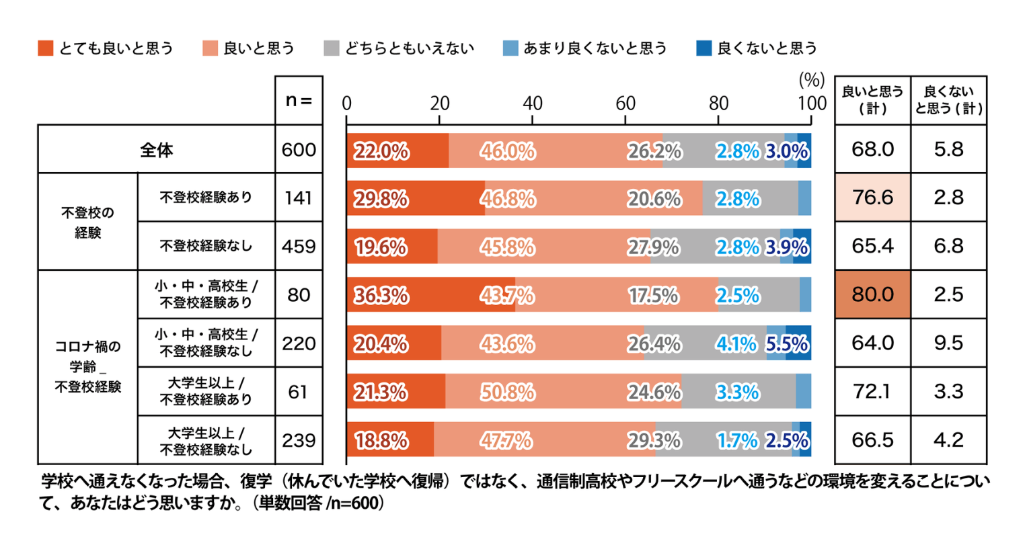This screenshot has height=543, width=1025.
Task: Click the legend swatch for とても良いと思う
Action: click(46, 48)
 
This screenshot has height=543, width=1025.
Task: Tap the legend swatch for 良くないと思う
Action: click(704, 48)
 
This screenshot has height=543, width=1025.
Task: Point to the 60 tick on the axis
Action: click(625, 103)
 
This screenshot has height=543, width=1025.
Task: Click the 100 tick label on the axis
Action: click(812, 103)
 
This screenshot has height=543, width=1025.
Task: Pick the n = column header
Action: click(299, 100)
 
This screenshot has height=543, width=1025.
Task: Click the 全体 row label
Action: click(156, 150)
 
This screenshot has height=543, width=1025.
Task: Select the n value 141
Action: click(299, 198)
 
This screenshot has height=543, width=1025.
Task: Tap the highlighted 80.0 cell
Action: click(872, 295)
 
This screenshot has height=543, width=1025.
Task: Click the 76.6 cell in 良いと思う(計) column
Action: click(872, 198)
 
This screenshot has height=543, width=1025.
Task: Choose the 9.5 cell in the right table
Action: click(948, 343)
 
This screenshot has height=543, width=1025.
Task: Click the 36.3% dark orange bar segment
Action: click(430, 295)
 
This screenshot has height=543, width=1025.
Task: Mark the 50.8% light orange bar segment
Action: click(563, 392)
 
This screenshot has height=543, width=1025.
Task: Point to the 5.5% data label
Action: click(787, 344)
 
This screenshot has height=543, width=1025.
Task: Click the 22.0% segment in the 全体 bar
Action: click(397, 151)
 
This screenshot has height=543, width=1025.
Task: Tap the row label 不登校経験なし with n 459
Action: click(206, 246)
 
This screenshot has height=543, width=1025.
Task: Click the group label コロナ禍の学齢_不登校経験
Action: click(87, 367)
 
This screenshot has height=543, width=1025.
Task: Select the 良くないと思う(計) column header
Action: click(948, 100)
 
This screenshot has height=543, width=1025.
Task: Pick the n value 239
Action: click(299, 440)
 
